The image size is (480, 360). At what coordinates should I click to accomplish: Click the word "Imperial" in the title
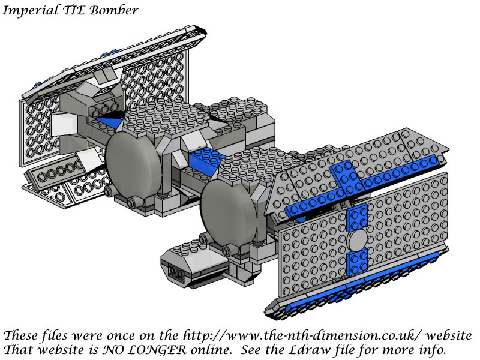tap(29, 11)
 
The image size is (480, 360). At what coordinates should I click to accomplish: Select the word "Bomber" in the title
tap(114, 10)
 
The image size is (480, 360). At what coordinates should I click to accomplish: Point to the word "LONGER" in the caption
tap(160, 350)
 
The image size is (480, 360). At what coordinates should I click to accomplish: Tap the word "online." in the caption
tap(212, 350)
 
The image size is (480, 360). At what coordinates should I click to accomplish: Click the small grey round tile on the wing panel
tap(358, 240)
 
